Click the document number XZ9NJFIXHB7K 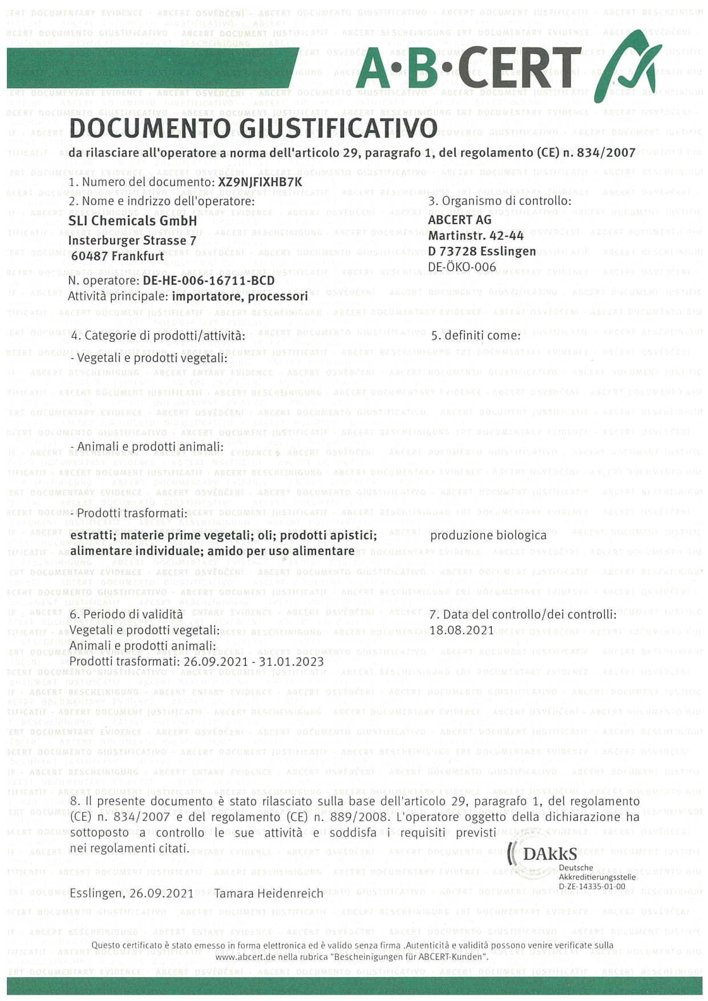point(260,182)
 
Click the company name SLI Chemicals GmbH point(132,220)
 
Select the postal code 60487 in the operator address point(89,256)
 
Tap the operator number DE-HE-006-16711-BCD point(208,281)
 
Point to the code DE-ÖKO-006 point(454,266)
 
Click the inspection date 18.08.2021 point(462,630)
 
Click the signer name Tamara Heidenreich point(268,893)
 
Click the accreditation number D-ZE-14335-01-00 point(592,886)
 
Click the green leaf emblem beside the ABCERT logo point(628,66)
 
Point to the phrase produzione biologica point(488,535)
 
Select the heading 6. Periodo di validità point(126,614)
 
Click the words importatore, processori point(240,297)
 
